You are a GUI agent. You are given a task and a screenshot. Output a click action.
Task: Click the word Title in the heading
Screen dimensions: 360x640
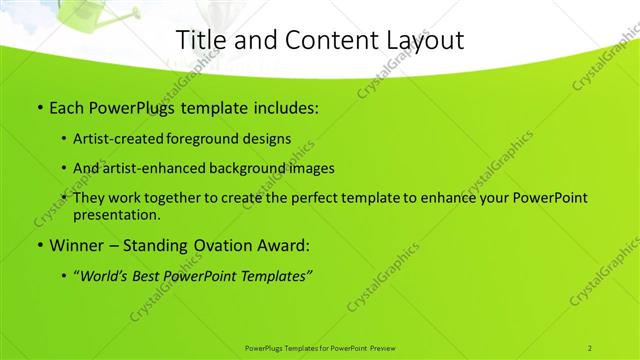pyautogui.click(x=200, y=40)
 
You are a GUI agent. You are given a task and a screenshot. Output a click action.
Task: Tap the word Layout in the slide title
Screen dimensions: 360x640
pyautogui.click(x=421, y=40)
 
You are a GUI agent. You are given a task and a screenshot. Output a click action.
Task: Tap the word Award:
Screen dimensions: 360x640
pyautogui.click(x=286, y=245)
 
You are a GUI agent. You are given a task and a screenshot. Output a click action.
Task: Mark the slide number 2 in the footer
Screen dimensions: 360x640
pyautogui.click(x=589, y=347)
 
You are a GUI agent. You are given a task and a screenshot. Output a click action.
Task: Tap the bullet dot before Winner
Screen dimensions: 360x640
pyautogui.click(x=39, y=245)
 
